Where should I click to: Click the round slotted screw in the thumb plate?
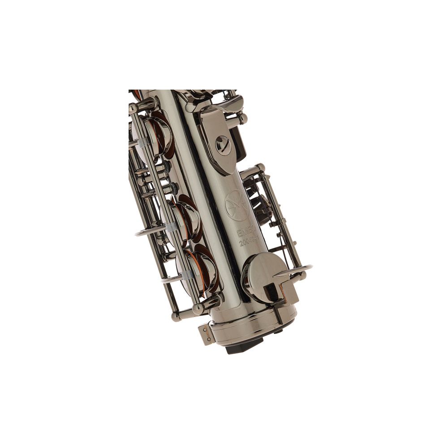pyautogui.click(x=223, y=145)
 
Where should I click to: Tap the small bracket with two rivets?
pyautogui.click(x=205, y=333)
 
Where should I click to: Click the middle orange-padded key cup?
pyautogui.click(x=184, y=220)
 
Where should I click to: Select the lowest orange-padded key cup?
pyautogui.click(x=199, y=269)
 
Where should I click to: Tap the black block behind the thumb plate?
pyautogui.click(x=240, y=143)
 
